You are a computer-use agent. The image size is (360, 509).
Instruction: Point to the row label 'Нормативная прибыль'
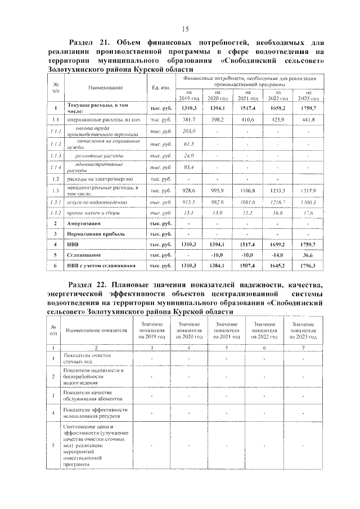(x=93, y=233)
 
